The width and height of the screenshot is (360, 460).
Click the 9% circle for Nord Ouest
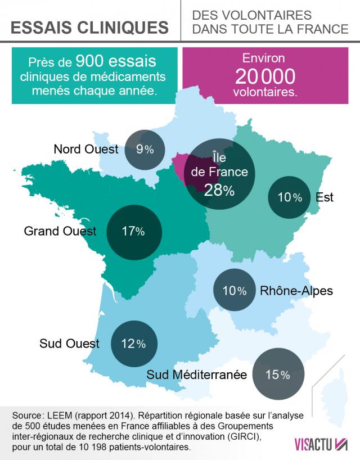(x=144, y=149)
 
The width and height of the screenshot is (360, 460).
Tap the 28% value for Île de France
(x=219, y=190)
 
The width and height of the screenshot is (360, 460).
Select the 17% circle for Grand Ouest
(x=134, y=231)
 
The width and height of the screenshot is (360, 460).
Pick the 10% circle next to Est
(x=290, y=197)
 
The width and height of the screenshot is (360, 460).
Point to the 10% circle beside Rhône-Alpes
(x=234, y=291)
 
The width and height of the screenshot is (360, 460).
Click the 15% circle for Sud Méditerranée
(x=277, y=374)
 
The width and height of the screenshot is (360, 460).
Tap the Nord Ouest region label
(x=86, y=149)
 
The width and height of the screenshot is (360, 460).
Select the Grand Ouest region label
(x=61, y=231)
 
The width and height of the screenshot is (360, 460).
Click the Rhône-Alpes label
(x=296, y=291)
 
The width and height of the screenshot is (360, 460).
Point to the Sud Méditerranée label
(x=196, y=374)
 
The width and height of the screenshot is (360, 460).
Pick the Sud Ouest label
(x=70, y=343)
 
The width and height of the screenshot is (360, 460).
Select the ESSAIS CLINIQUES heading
(x=89, y=27)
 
